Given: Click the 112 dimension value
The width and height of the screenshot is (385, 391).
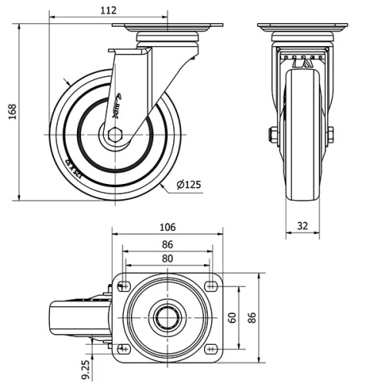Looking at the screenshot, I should tap(108, 10).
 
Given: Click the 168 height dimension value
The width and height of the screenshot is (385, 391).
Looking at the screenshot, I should tap(12, 112).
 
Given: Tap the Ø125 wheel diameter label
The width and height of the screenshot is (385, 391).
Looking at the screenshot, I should tap(189, 184).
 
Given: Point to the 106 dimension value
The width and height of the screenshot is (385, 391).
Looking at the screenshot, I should tap(167, 227).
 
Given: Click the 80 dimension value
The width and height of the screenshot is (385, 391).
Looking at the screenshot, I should tap(167, 258).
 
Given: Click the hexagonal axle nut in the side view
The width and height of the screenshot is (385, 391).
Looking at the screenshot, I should tap(115, 137).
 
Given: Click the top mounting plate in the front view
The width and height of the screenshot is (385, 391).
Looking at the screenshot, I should tap(301, 28).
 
